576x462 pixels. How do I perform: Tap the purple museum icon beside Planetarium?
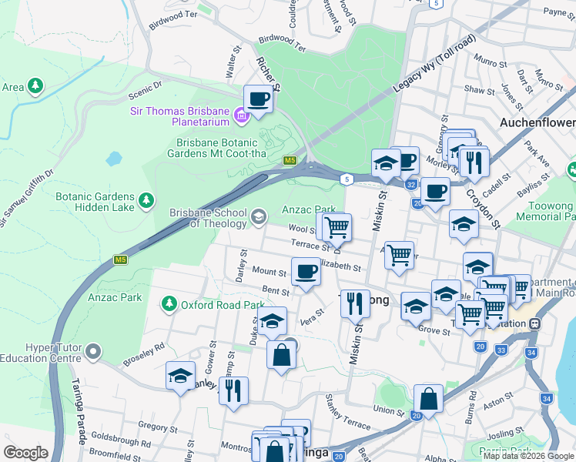point(241,117)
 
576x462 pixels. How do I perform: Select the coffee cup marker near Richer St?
point(258,99)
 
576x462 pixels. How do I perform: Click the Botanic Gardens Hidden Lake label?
point(95,202)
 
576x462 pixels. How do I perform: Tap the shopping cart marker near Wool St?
point(336,228)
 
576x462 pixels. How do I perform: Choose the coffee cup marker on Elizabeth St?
point(306,272)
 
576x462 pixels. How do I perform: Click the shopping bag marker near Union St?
point(428,399)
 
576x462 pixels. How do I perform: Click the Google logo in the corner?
point(25,453)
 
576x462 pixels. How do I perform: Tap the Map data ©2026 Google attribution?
point(527,456)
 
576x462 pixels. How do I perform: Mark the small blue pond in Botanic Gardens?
point(114,159)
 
